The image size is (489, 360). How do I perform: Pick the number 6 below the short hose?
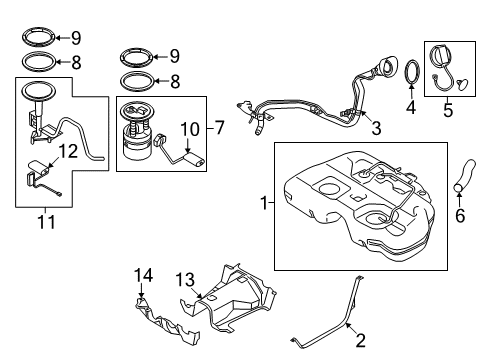coord(461,215)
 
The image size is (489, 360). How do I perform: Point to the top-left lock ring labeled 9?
coord(38,39)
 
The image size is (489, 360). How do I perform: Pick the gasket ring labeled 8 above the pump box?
coord(136,79)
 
